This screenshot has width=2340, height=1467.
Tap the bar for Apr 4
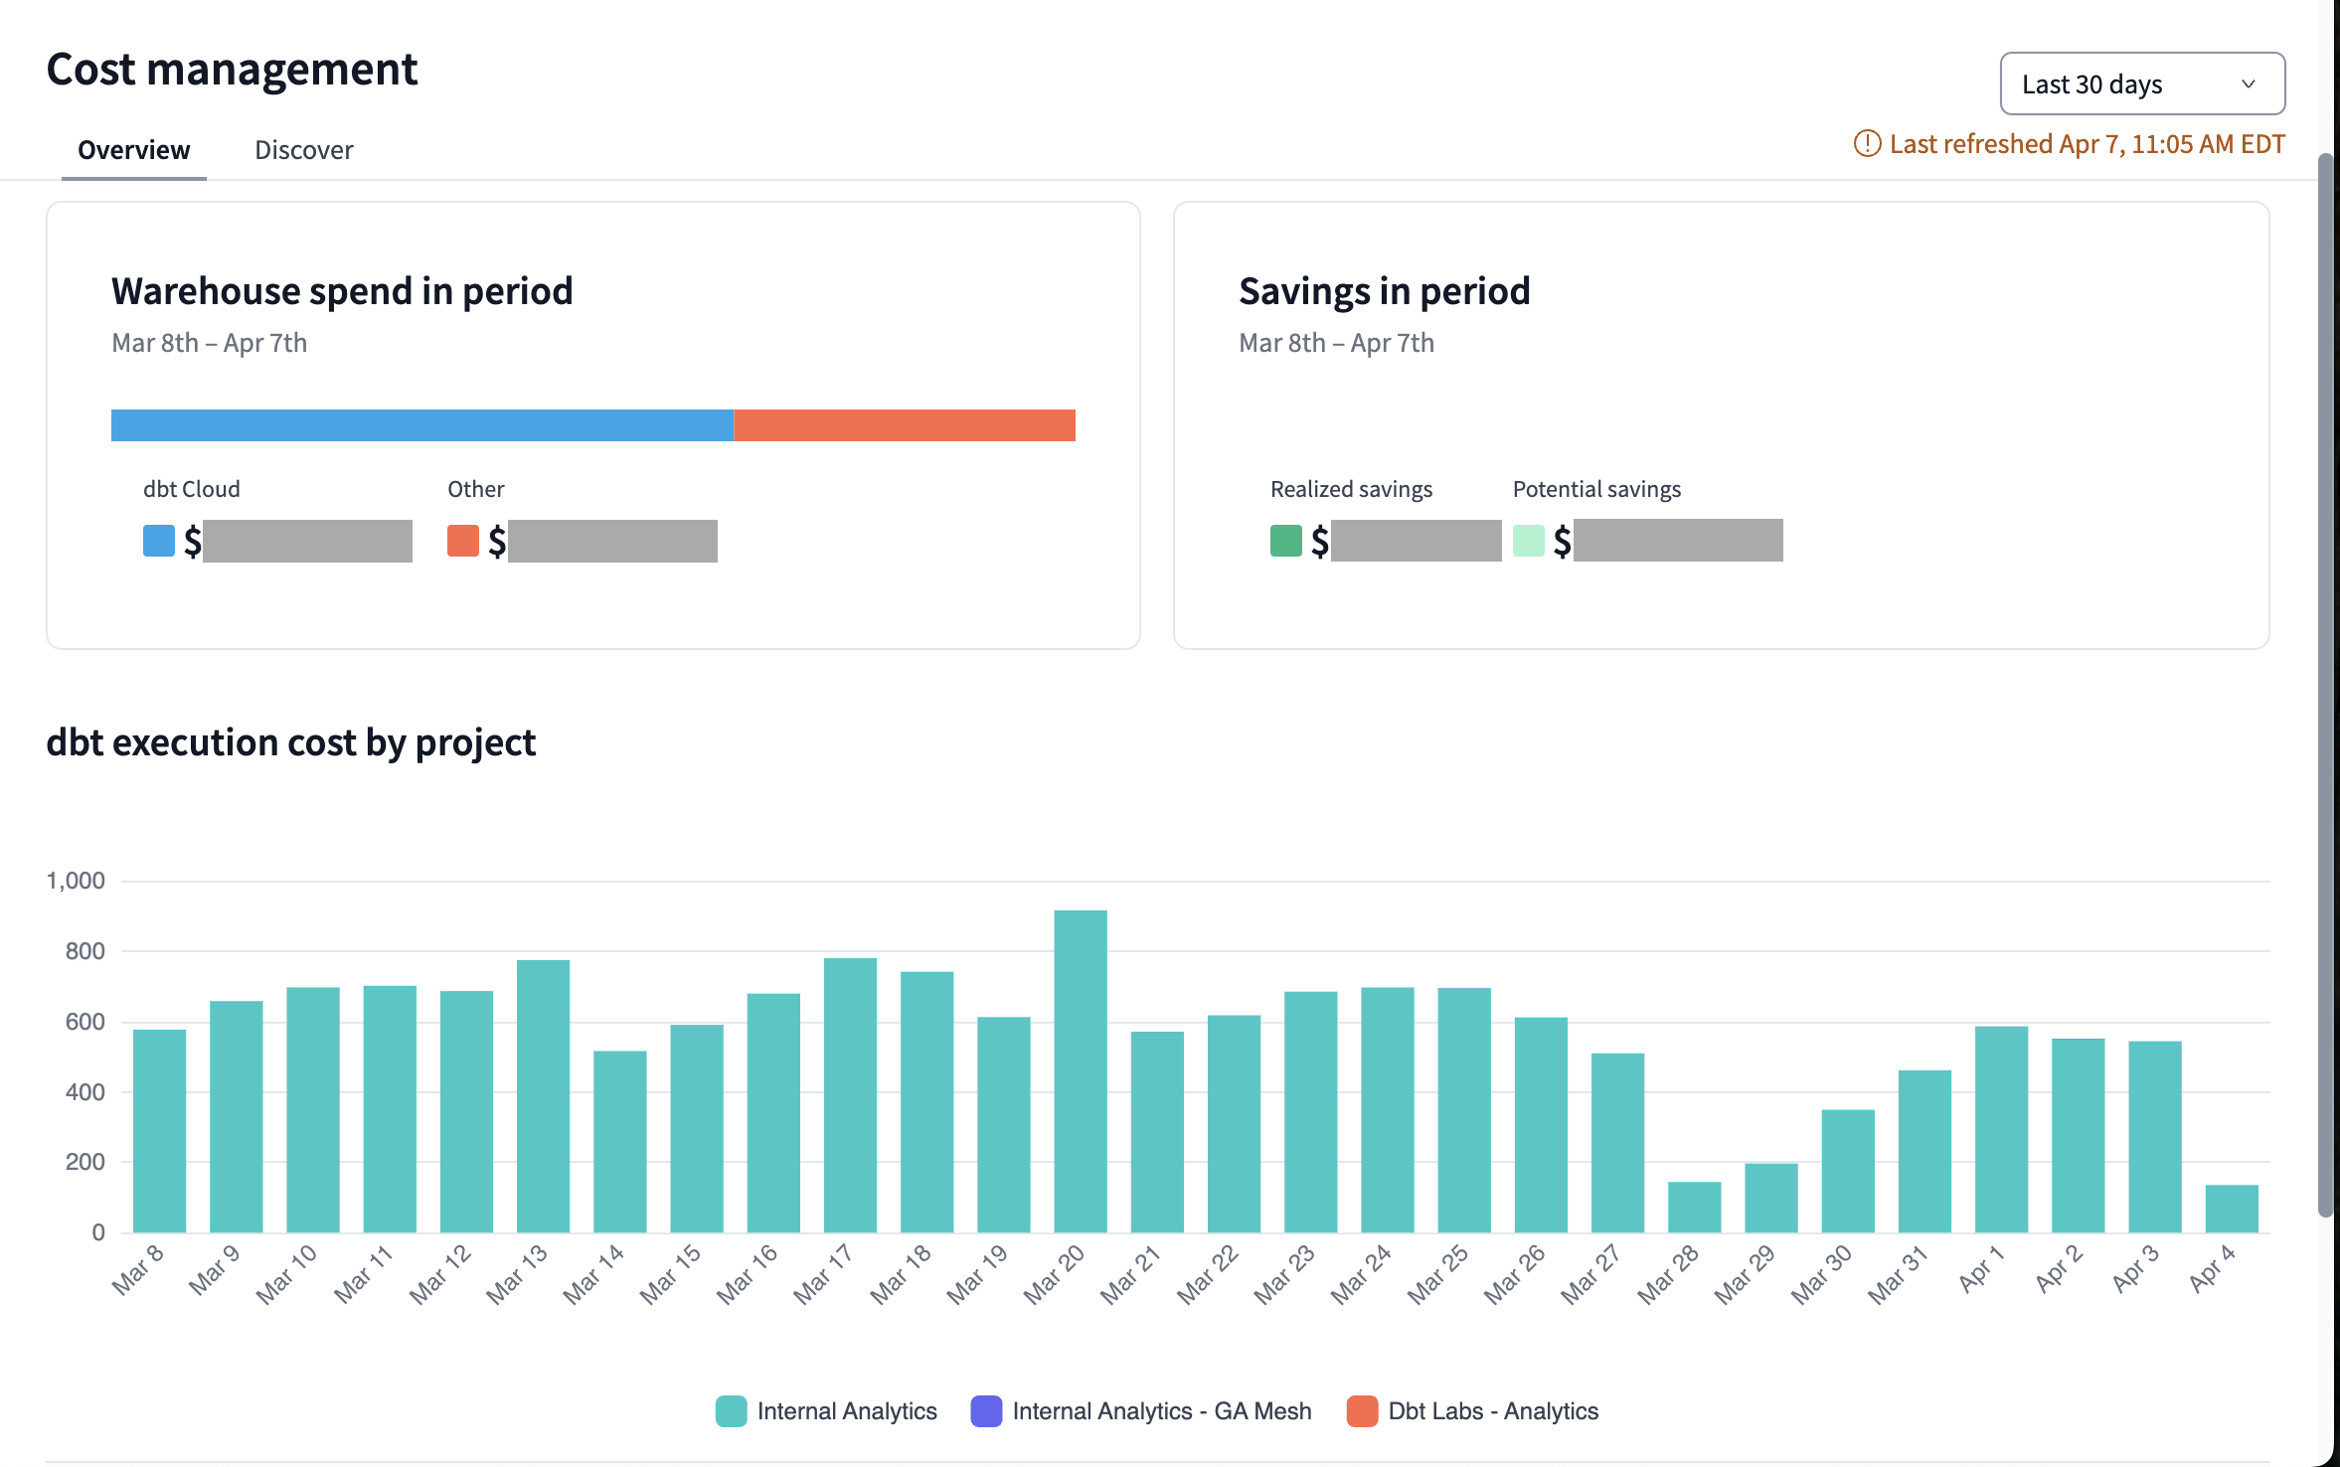coord(2231,1209)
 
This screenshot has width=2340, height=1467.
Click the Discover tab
coord(303,150)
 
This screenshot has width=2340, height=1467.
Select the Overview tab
coord(133,150)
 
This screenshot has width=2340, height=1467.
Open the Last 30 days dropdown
coord(2141,84)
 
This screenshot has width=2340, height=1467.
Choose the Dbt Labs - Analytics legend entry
coord(1472,1411)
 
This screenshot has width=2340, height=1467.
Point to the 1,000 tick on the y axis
coord(76,881)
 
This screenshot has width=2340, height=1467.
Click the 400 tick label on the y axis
coord(84,1092)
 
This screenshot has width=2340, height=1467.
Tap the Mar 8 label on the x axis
coord(138,1270)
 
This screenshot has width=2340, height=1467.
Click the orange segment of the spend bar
coord(904,425)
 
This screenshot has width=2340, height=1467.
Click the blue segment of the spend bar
coord(421,425)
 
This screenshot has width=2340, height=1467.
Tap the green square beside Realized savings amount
coord(1285,541)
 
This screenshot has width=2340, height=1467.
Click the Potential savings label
coord(1596,489)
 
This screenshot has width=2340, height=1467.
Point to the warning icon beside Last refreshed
coord(1867,144)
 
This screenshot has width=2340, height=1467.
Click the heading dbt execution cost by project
coord(290,742)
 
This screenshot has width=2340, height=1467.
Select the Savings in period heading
coord(1384,291)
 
